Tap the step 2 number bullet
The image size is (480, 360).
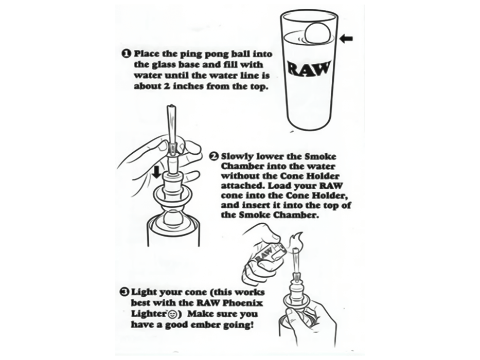tap(214, 156)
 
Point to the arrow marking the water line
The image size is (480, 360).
tap(347, 39)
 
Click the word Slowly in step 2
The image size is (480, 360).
tap(237, 156)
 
